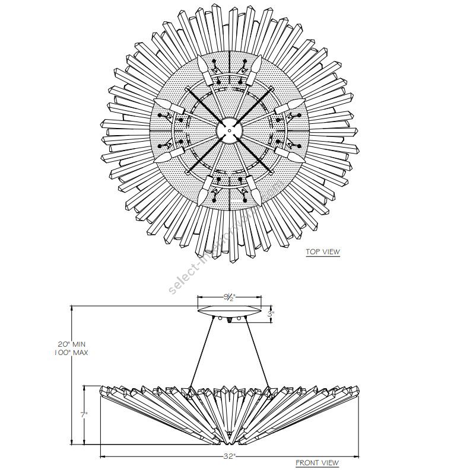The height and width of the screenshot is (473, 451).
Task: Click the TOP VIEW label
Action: pyautogui.click(x=322, y=252)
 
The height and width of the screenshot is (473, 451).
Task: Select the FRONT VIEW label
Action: pyautogui.click(x=317, y=463)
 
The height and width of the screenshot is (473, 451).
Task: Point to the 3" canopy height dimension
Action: pyautogui.click(x=271, y=314)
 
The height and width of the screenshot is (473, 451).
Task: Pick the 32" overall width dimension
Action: pyautogui.click(x=230, y=456)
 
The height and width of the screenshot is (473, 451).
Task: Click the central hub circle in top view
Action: pyautogui.click(x=228, y=129)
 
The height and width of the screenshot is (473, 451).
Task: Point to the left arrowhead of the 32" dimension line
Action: pyautogui.click(x=102, y=456)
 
